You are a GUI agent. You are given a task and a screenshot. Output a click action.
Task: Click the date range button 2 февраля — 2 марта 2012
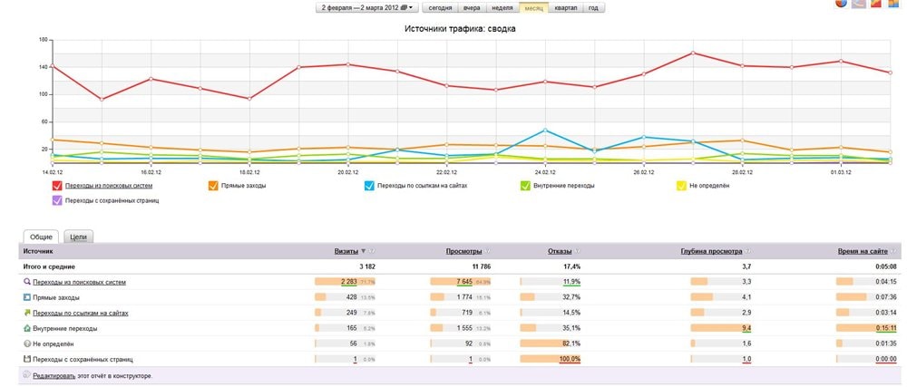[x=366, y=7]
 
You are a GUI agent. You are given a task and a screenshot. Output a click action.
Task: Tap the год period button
[x=592, y=7]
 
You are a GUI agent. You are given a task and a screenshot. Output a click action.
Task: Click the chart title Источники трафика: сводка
[x=460, y=29]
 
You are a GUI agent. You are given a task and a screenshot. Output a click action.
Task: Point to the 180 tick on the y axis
[x=42, y=41]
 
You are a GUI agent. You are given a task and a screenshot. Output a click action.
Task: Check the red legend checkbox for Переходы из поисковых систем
[x=57, y=186]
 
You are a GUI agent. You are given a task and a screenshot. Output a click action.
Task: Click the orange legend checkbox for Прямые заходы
[x=213, y=186]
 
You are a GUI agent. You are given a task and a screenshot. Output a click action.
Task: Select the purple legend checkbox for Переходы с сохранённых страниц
[x=57, y=200]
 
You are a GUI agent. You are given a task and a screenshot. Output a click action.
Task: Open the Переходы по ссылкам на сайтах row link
[x=81, y=313]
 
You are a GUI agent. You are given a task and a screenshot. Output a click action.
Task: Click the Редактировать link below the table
[x=55, y=374]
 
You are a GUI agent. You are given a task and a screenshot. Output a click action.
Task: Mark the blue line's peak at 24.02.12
[x=544, y=130]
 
